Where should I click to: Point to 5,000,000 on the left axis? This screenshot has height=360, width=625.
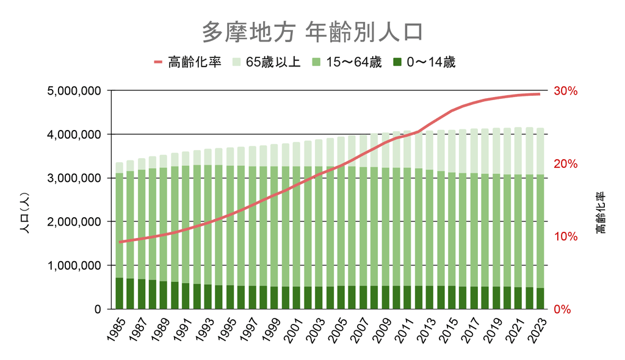(73, 91)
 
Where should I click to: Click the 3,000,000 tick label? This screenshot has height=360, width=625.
(73, 178)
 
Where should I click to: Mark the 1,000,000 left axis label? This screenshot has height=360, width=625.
(73, 265)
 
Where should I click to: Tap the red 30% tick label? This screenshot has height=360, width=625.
(565, 91)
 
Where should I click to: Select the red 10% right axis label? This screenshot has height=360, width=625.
(565, 237)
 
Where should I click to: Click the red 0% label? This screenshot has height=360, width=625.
(562, 309)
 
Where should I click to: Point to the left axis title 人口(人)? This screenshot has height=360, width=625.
(25, 214)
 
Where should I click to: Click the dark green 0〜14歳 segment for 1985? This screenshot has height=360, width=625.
(120, 293)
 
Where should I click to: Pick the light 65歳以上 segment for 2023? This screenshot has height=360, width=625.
(540, 151)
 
